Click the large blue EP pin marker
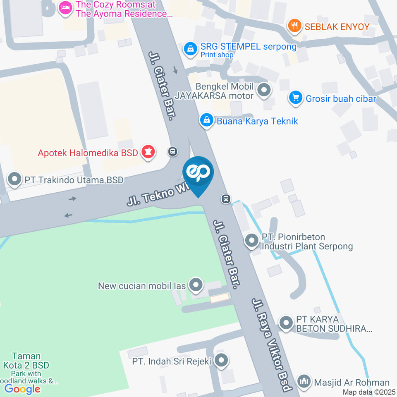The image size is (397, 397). pos(198,173)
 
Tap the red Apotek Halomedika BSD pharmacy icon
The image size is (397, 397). pos(148,152)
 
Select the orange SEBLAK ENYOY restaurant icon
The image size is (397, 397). pos(294,27)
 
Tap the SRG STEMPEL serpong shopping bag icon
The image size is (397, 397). pos(190,49)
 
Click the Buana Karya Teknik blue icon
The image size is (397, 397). pos(206,121)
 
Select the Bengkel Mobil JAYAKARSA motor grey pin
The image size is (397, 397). pos(264,90)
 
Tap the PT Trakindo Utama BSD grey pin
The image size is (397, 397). pos(15,180)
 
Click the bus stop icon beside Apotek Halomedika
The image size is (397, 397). pos(173,152)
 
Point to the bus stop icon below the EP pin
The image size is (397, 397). pos(226,199)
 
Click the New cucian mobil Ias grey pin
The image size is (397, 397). pos(196,285)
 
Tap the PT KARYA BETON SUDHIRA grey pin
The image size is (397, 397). pos(286,323)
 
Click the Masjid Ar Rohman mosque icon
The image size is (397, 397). pos(304,382)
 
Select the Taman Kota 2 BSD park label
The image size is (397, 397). pos(26,361)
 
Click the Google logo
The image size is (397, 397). pos(22,389)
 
